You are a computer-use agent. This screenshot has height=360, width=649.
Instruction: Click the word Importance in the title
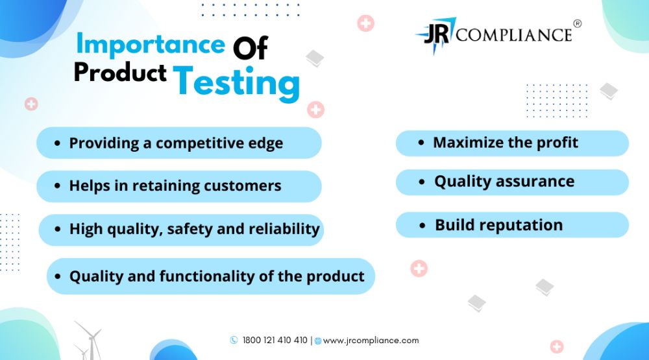(151, 44)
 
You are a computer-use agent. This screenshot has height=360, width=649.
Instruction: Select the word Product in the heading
(121, 72)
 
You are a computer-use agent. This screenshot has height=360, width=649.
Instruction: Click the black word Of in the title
(251, 47)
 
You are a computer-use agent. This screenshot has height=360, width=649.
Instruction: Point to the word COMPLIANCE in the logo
(513, 35)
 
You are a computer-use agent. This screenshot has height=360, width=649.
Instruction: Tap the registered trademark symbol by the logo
(578, 23)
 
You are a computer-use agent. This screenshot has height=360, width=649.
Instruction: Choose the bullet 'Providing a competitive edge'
(179, 143)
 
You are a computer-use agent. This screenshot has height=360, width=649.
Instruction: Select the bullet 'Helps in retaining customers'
(179, 186)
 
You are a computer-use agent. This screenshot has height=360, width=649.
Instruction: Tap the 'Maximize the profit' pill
(513, 143)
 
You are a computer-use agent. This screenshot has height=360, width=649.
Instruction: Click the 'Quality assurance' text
(504, 182)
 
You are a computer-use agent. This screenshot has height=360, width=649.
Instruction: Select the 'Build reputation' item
(513, 224)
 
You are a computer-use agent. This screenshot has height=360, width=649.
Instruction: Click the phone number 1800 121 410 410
(275, 340)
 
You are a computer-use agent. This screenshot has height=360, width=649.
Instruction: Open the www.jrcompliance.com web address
(371, 341)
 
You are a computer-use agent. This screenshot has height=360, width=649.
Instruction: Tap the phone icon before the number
(234, 340)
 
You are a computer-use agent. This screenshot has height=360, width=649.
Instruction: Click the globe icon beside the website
(318, 341)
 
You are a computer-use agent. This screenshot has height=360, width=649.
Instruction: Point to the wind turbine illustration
(88, 341)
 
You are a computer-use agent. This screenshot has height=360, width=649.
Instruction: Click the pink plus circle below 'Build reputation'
(419, 269)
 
